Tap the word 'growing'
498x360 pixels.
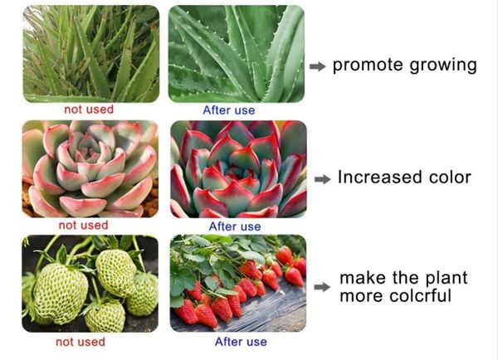tap(443, 66)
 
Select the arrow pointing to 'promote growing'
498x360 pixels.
tap(318, 66)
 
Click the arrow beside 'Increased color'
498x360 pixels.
tap(322, 179)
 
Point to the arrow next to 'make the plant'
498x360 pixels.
tap(322, 287)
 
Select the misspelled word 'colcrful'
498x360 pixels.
tap(420, 295)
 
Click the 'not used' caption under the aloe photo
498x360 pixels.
tap(89, 109)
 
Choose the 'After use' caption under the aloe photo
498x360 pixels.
tap(229, 110)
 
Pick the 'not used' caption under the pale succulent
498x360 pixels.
tap(84, 226)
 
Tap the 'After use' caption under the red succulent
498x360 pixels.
tap(235, 226)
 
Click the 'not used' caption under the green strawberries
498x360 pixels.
tap(81, 342)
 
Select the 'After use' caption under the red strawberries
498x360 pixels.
tap(241, 342)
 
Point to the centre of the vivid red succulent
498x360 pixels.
tap(237, 171)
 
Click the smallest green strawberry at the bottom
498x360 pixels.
tap(105, 316)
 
